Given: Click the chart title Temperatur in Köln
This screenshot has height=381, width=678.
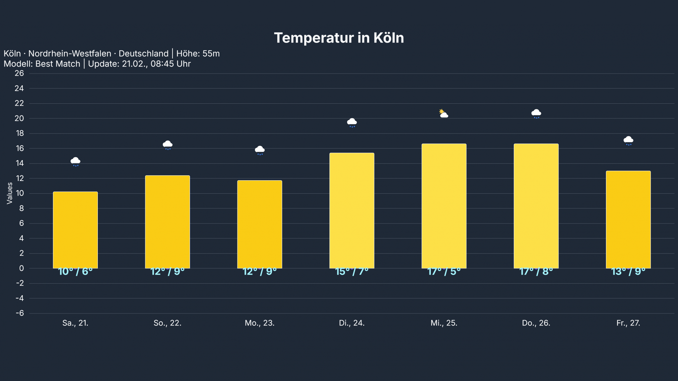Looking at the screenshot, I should coord(339,38).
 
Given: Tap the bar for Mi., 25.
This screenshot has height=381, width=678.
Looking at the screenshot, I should coord(444,206).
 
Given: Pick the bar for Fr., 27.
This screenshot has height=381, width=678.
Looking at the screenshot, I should coord(628,219).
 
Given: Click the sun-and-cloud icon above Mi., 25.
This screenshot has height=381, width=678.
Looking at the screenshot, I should coord(444,114).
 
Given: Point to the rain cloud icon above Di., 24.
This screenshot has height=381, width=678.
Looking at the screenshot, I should coord(352,123).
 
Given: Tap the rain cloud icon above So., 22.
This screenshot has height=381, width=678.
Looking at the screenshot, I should coord(167,145).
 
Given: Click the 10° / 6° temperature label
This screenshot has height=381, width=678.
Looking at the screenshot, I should coord(75,272).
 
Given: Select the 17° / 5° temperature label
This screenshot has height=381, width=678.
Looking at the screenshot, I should coord(444,272).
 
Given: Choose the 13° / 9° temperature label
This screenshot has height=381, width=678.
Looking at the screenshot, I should coord(628,272).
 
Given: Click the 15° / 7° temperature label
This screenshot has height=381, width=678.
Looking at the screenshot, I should coord(352,272).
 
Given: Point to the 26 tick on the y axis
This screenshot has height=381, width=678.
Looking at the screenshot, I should coord(19,73).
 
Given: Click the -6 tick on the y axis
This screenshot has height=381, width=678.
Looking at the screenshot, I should coord(20,313).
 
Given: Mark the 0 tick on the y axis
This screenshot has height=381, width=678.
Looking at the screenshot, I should coord(21,268).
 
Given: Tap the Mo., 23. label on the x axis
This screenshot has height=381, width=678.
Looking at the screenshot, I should coord(260,323).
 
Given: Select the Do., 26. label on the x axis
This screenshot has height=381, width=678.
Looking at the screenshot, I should coord(536,323).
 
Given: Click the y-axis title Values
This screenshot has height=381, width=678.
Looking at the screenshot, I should coord(9,193).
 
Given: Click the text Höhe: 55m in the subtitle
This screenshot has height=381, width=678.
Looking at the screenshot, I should coord(198,54).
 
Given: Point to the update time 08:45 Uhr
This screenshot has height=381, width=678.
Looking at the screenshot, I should coord(171,64).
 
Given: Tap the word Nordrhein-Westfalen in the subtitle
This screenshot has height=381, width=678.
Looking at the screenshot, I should coord(70,54).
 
